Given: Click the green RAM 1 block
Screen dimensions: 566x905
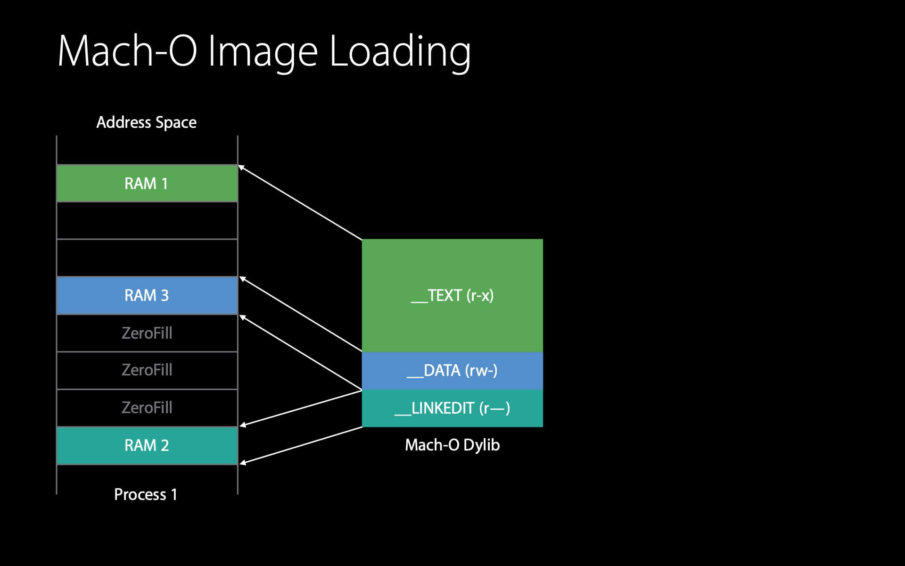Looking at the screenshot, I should click(147, 183).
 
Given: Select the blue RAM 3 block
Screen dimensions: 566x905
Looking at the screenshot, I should click(147, 295).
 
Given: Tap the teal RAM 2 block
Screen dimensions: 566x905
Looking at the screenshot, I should click(147, 445).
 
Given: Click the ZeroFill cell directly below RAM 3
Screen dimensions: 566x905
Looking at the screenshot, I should click(147, 333).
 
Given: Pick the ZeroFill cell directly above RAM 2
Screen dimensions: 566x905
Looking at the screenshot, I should click(147, 408).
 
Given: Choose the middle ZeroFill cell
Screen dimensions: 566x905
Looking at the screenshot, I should click(147, 370).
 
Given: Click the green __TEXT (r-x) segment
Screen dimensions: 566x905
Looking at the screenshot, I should click(452, 296).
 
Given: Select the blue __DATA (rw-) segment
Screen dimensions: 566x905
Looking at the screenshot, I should click(452, 371).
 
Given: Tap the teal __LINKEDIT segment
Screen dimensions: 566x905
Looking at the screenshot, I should click(452, 408).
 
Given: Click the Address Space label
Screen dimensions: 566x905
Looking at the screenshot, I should click(147, 123).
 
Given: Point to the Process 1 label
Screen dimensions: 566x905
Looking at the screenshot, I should click(146, 494).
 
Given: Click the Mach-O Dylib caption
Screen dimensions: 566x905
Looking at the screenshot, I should click(452, 445).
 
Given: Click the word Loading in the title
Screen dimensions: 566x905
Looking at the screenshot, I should click(400, 52).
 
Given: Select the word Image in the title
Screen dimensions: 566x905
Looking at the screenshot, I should click(263, 52).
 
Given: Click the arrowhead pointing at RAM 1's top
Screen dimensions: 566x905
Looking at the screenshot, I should click(241, 167).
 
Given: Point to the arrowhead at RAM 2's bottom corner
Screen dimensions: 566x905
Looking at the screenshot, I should click(242, 463).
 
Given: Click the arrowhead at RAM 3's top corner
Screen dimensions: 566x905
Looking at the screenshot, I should click(242, 279).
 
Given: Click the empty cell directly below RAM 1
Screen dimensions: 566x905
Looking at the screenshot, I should click(147, 221).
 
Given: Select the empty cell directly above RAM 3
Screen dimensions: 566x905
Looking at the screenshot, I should click(147, 258).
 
